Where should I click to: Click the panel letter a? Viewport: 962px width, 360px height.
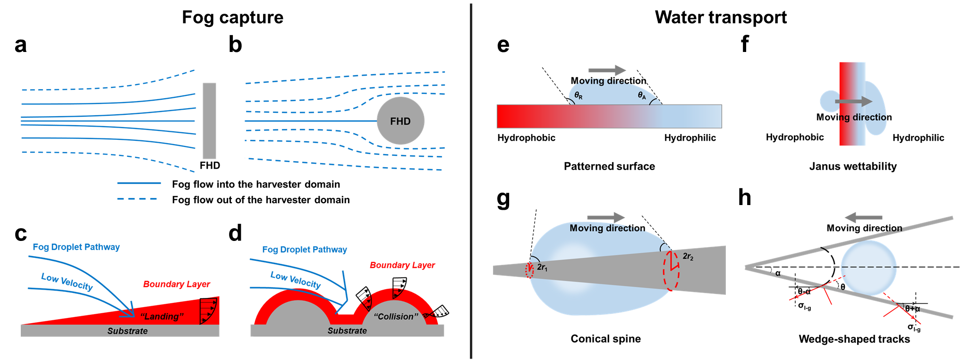click(20, 43)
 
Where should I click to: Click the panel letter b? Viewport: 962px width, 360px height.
click(235, 43)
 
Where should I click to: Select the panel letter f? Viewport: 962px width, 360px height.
click(745, 43)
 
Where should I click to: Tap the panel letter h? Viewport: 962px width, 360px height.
click(745, 197)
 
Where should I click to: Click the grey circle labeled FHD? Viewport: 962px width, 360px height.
click(400, 121)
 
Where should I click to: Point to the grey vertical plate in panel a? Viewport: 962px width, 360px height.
click(209, 121)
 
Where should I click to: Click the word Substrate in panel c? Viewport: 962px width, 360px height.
click(128, 331)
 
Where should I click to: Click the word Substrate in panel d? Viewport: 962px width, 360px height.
click(347, 331)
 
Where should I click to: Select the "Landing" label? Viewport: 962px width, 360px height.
click(162, 316)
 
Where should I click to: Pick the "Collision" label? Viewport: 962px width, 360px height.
click(396, 316)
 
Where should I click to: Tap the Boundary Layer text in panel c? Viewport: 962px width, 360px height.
click(177, 284)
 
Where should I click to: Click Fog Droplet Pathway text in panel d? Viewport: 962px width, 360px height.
click(305, 249)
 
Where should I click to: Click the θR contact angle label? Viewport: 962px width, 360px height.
click(579, 96)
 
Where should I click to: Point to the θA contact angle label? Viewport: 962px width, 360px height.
click(642, 95)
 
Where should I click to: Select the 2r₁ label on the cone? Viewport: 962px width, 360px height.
click(542, 267)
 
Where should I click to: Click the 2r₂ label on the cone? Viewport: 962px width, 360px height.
click(688, 257)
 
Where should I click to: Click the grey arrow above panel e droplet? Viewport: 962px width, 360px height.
click(607, 70)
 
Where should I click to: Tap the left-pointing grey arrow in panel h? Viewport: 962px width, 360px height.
click(863, 217)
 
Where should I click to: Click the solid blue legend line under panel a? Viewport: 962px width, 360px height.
click(139, 183)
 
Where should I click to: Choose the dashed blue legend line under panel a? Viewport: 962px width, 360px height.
click(137, 199)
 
